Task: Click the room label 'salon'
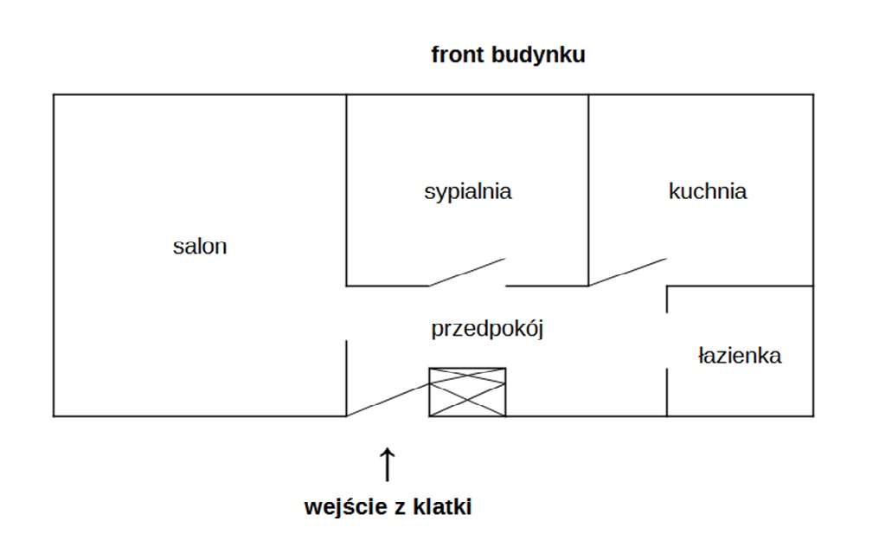(x=200, y=246)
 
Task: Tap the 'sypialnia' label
(x=467, y=191)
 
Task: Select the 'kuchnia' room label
(x=707, y=191)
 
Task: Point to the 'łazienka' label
(x=740, y=355)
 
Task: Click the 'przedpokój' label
(x=486, y=330)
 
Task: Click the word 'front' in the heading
(x=458, y=55)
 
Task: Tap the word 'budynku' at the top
(x=537, y=55)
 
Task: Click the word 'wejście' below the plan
(x=343, y=507)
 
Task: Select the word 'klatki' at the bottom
(x=445, y=507)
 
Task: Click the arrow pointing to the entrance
(x=387, y=465)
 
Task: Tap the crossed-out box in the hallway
(x=467, y=392)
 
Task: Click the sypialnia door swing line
(x=467, y=272)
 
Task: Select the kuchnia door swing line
(x=628, y=272)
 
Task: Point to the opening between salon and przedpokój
(x=347, y=313)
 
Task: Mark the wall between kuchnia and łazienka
(x=740, y=286)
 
